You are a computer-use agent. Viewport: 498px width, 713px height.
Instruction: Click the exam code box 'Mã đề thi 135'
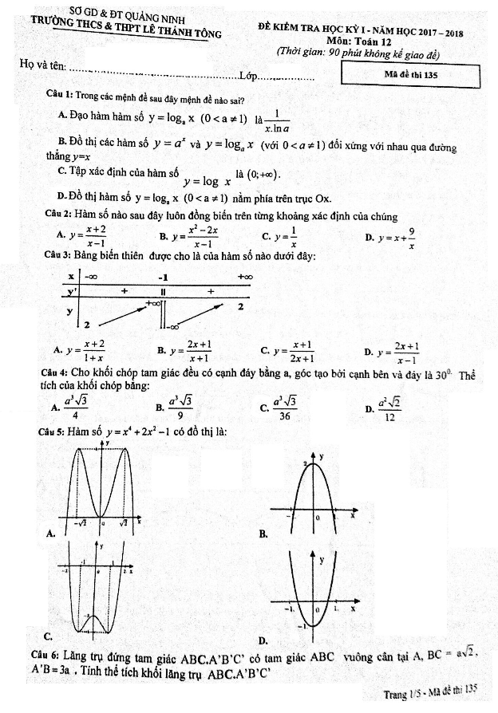[410, 75]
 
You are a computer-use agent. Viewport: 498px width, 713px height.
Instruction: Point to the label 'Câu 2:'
[57, 216]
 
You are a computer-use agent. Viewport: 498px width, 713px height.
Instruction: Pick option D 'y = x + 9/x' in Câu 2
[397, 237]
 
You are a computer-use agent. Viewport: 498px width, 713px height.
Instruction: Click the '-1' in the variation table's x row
[163, 277]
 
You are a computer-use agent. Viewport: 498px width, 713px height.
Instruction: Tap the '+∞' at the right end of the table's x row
[245, 277]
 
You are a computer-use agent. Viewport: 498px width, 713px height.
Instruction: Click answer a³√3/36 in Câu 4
[284, 408]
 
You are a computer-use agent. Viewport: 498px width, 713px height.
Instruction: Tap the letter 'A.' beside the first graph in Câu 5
[51, 534]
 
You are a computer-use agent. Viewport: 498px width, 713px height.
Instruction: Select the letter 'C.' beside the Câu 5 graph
[49, 636]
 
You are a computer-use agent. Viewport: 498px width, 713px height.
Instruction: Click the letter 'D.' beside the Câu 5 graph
[263, 640]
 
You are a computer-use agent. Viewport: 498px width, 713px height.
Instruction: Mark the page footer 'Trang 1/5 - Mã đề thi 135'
[430, 691]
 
